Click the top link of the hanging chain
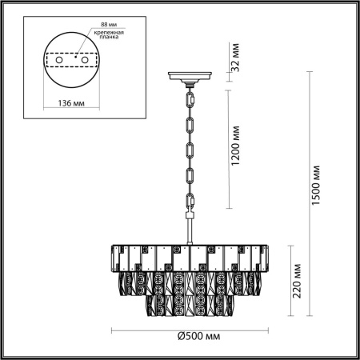coord(191,97)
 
